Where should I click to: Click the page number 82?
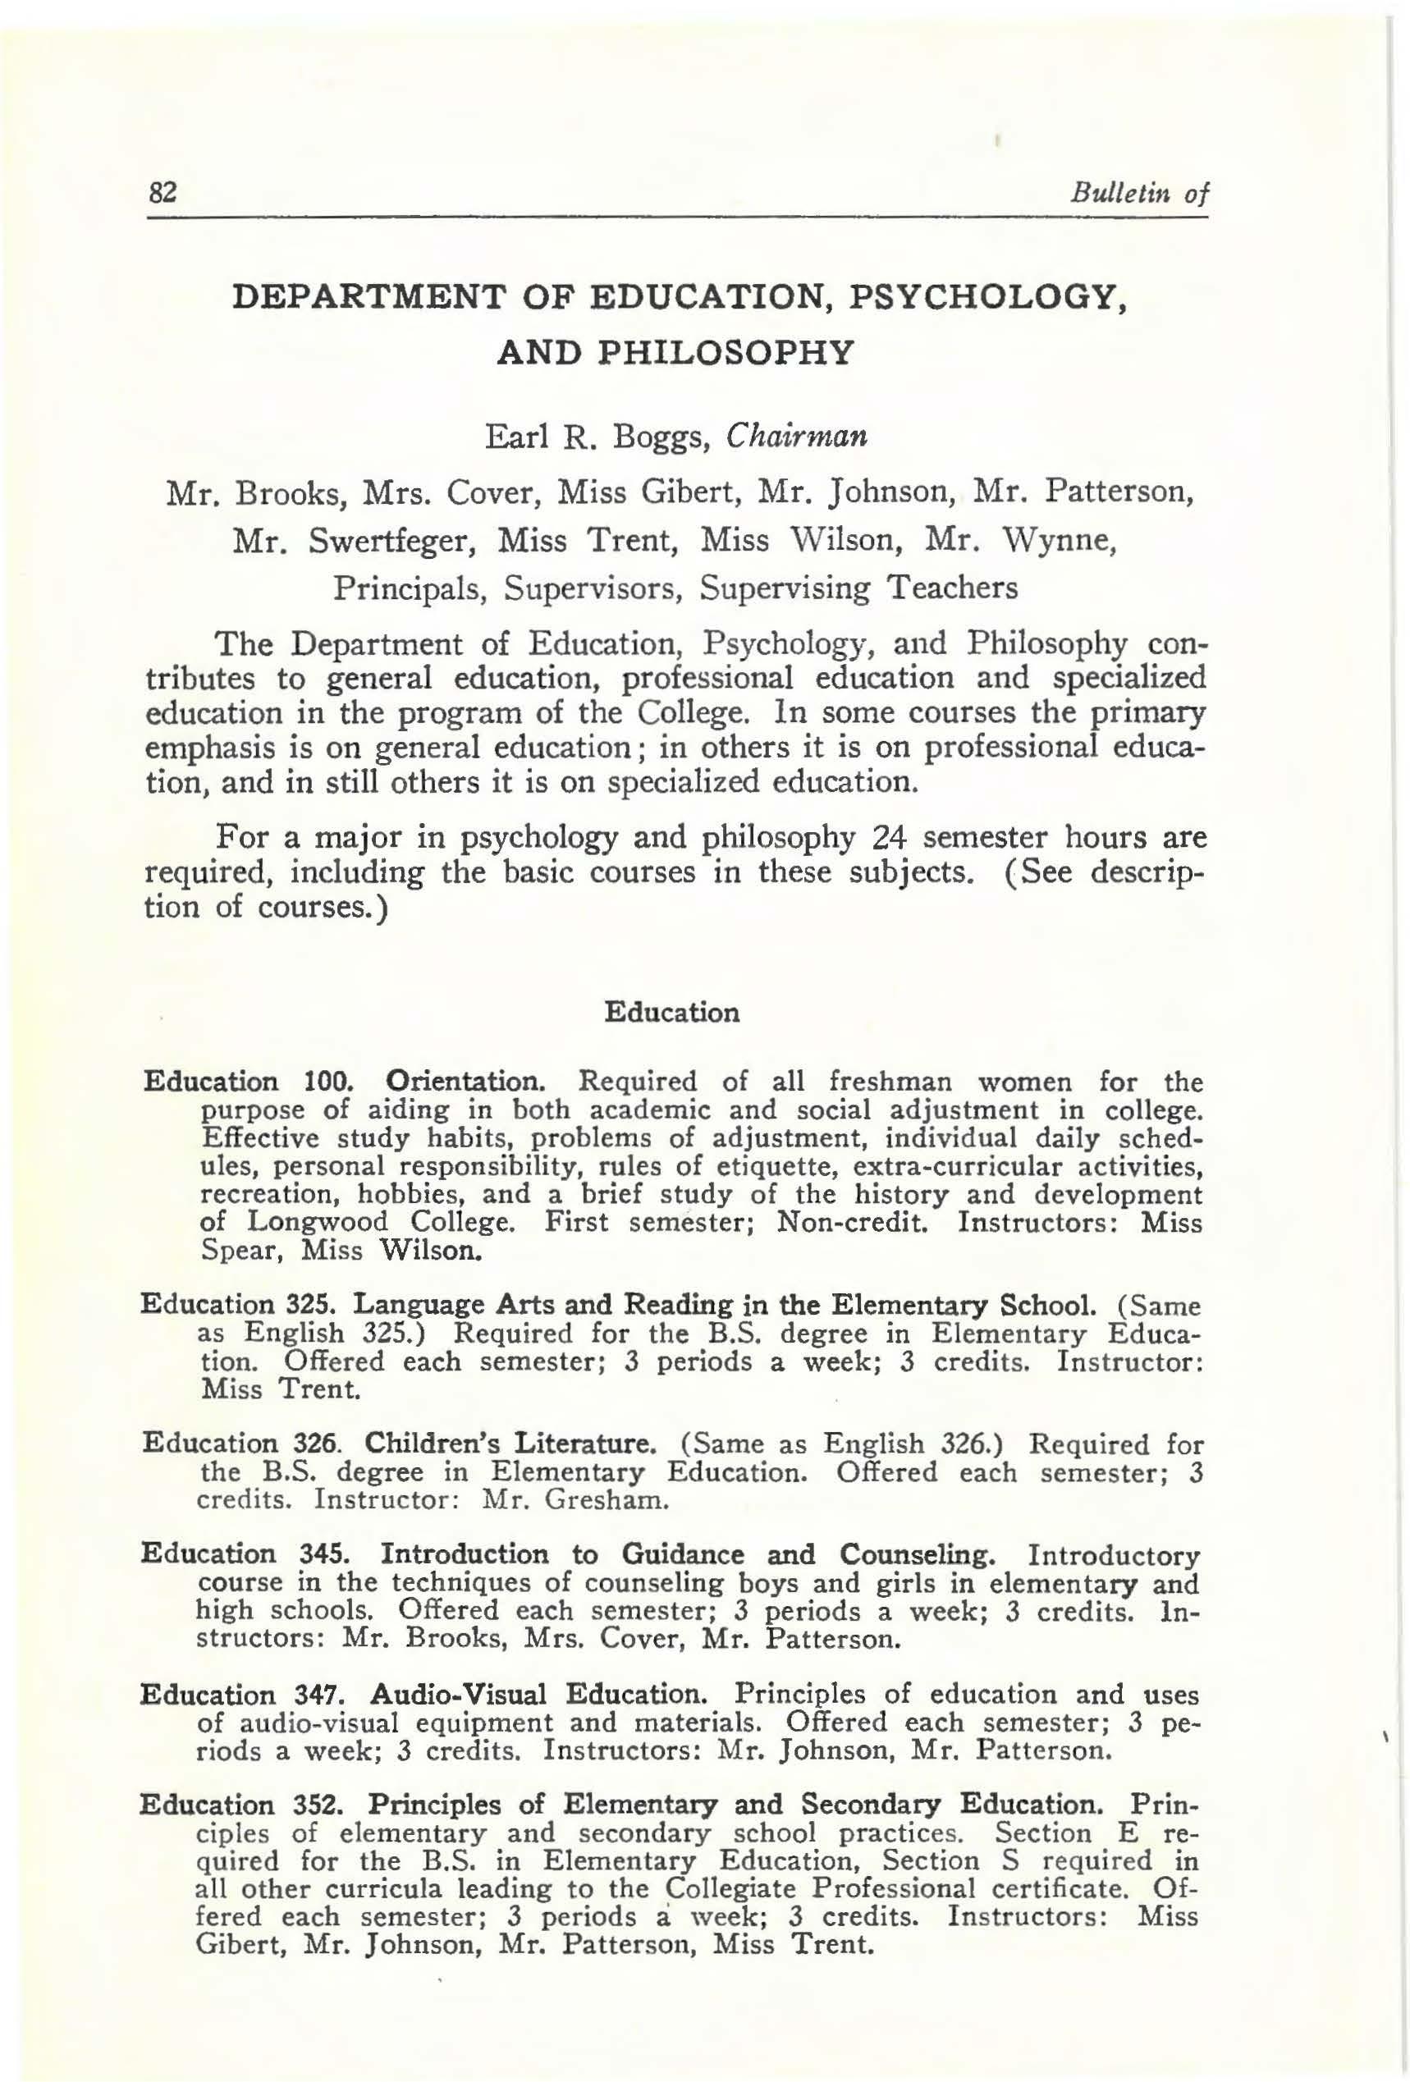(x=164, y=193)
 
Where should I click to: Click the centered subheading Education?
(x=672, y=1013)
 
